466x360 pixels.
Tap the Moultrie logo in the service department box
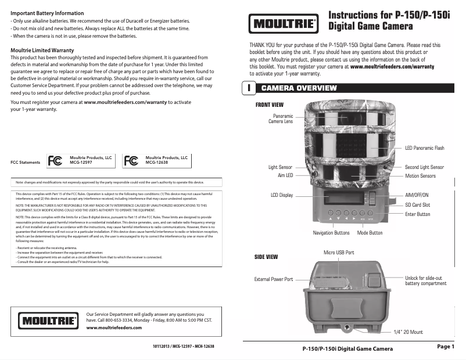[49, 321]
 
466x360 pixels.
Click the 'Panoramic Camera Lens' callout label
[281, 119]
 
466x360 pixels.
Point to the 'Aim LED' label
[285, 175]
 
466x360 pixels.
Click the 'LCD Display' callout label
[282, 195]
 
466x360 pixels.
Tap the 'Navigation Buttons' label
[331, 233]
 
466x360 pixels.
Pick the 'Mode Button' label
[370, 233]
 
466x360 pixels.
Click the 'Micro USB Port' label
[339, 253]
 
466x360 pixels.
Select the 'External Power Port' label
[274, 279]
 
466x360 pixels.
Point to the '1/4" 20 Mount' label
[408, 332]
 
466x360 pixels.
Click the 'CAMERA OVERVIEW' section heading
[299, 88]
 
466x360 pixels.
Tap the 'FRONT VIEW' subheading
[268, 105]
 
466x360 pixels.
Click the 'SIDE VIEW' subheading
[267, 257]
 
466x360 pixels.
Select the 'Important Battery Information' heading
[47, 13]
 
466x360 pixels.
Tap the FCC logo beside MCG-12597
[55, 161]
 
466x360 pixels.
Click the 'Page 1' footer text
[445, 347]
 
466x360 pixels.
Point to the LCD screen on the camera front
[340, 199]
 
